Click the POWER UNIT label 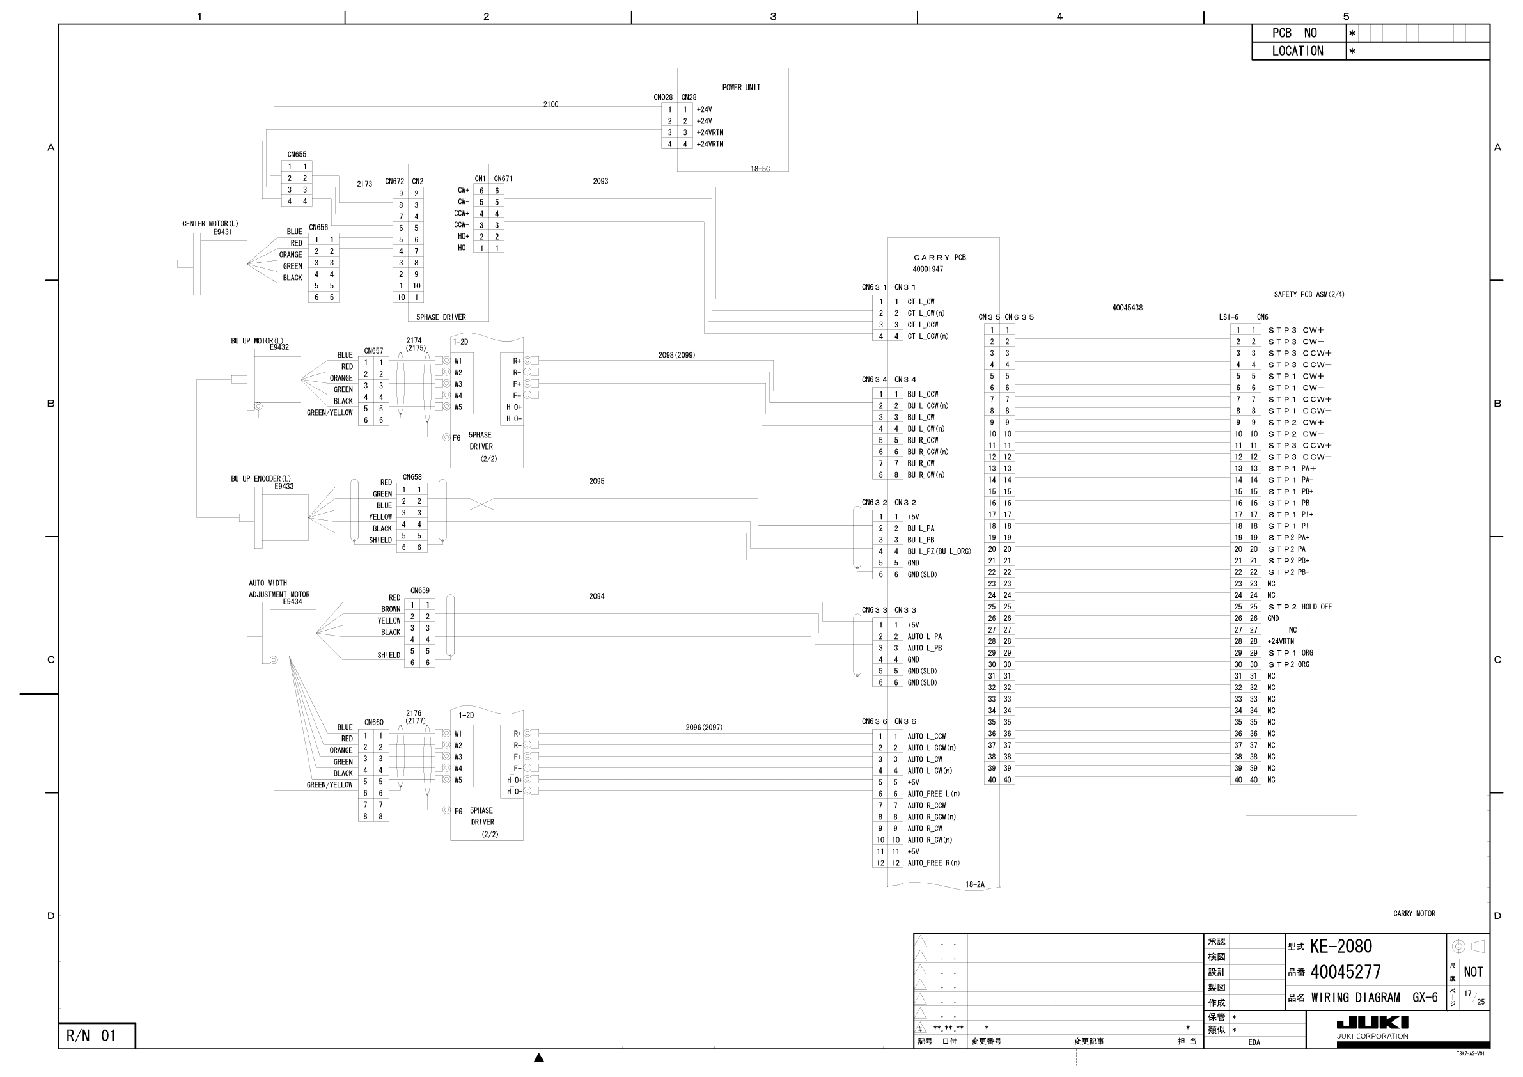point(741,88)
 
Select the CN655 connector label point(297,155)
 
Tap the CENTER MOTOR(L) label point(210,224)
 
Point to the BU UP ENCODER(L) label point(261,478)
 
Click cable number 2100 point(551,104)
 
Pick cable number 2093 point(600,181)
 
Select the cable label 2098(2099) point(676,355)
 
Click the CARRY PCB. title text point(941,258)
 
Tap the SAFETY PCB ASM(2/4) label point(1309,295)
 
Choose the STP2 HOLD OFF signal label point(1299,607)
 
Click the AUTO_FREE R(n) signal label point(933,863)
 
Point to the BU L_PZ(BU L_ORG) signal point(939,551)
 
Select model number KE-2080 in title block point(1341,947)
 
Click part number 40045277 point(1345,973)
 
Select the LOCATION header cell point(1298,51)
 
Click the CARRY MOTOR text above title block point(1414,914)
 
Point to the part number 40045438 point(1127,308)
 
